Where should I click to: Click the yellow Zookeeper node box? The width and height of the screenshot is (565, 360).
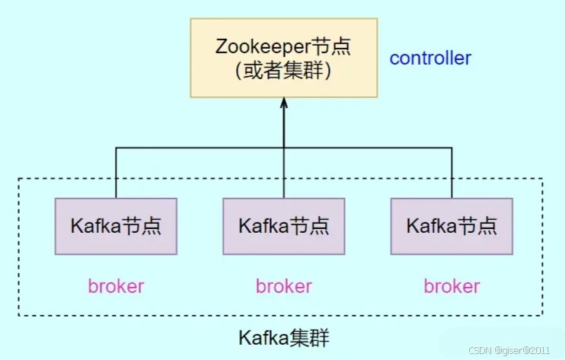pos(283,58)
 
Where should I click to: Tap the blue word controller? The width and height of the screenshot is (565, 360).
pos(430,58)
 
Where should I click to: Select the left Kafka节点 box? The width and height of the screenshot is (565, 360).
pos(116,226)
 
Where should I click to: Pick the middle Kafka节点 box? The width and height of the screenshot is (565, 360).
pos(284,226)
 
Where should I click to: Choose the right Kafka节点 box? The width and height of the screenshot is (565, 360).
pos(452,226)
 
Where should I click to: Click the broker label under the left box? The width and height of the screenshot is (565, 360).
pos(116,286)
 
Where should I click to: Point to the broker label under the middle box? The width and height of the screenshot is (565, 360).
pos(284,286)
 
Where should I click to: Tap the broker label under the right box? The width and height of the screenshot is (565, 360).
pos(452,286)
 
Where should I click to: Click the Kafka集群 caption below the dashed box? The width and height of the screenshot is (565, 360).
pos(284,336)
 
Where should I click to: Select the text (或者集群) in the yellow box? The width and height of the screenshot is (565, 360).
pos(283,72)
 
